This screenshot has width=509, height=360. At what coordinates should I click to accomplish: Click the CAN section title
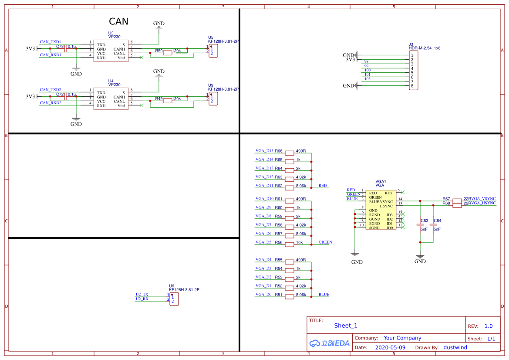(x=118, y=21)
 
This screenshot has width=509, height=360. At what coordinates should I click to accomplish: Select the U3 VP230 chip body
(x=111, y=51)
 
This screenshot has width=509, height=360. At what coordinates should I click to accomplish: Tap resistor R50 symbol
(x=167, y=53)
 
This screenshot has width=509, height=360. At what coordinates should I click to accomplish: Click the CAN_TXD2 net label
(x=51, y=89)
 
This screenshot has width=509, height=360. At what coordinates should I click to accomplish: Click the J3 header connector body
(x=414, y=71)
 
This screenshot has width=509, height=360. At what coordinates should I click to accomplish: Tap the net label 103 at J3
(x=367, y=79)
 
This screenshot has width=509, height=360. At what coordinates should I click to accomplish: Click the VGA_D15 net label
(x=264, y=151)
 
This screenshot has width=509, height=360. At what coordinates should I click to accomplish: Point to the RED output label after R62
(x=323, y=186)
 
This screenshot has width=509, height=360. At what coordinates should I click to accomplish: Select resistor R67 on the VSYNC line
(x=457, y=200)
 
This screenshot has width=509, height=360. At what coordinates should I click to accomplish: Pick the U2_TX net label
(x=142, y=295)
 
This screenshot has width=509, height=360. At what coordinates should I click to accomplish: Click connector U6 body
(x=174, y=299)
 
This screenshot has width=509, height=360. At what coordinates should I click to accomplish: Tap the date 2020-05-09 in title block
(x=390, y=348)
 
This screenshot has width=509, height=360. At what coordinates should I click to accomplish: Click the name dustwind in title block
(x=455, y=348)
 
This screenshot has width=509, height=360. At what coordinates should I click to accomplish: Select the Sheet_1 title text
(x=345, y=326)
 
